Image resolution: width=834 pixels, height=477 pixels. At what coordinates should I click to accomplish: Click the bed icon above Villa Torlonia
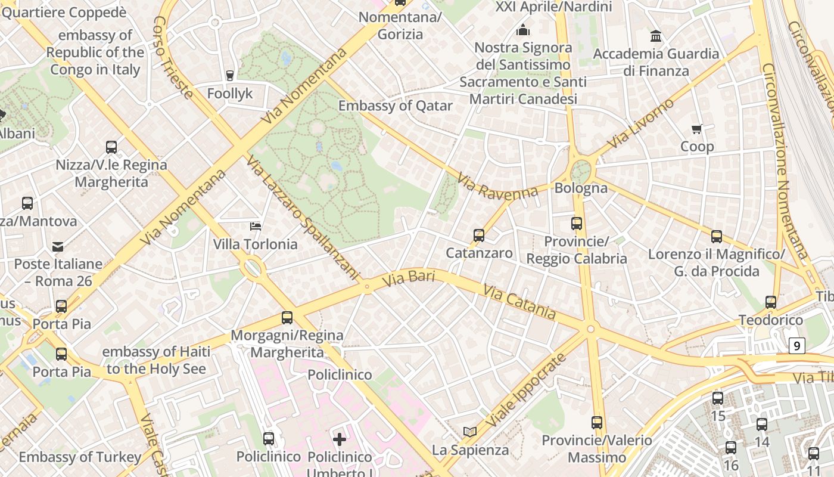point(255,227)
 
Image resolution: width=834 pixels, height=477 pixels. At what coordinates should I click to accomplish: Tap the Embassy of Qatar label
point(396,106)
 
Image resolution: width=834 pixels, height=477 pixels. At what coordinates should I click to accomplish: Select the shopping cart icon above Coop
point(697,129)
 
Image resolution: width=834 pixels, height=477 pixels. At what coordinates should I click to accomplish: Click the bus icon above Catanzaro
point(479,236)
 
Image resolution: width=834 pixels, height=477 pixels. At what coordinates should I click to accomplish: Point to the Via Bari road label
point(409,278)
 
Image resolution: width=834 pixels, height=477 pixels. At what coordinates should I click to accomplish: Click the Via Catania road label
point(519,302)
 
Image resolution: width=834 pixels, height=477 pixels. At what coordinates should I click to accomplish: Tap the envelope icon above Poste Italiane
point(58,246)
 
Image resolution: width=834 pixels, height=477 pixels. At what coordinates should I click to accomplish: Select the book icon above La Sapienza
point(470,432)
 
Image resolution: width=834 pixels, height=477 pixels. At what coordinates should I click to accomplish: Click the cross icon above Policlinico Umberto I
point(340,440)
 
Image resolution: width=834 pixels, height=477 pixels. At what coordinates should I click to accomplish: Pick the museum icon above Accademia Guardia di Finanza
point(656,36)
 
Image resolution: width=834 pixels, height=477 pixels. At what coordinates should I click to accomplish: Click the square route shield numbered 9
point(797,346)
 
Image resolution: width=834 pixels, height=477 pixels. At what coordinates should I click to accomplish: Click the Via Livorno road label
point(641,123)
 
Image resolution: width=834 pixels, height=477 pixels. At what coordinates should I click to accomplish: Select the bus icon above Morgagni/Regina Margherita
point(287,318)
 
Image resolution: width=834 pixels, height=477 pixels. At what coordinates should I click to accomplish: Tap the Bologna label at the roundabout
point(581,188)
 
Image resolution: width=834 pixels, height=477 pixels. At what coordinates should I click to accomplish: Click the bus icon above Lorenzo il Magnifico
point(717,237)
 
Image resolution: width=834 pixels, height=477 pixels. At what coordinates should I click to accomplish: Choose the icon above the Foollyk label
point(229,76)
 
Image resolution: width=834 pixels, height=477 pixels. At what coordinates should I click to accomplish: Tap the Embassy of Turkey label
point(80,457)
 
